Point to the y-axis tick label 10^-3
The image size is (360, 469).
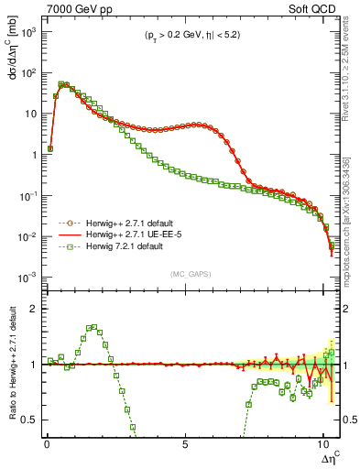[x=27, y=278]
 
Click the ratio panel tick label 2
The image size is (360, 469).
[x=35, y=309]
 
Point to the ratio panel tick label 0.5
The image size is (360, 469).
[x=30, y=420]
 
